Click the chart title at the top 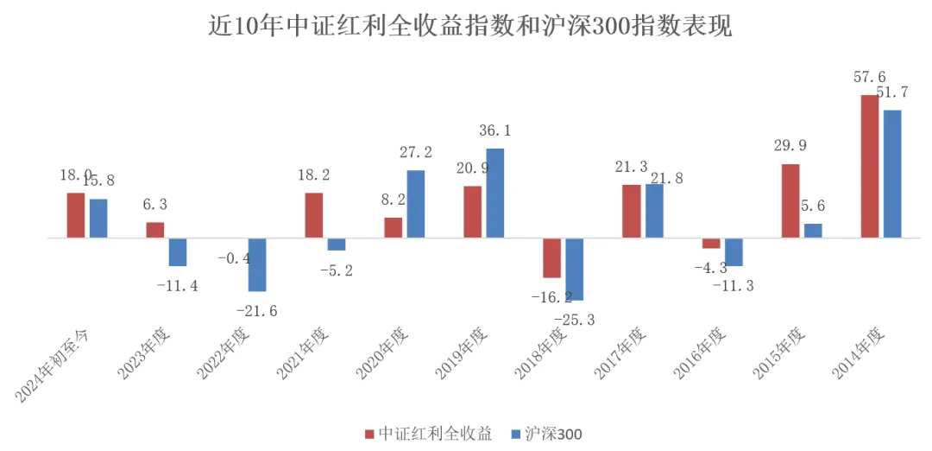[470, 26]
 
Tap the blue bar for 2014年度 [892, 173]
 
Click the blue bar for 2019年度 [495, 193]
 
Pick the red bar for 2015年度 [790, 200]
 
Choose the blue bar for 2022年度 [257, 264]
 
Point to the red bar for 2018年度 [551, 257]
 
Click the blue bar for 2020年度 [416, 203]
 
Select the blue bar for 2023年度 [178, 251]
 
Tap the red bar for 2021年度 [314, 214]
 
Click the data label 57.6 [870, 78]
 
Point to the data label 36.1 [494, 131]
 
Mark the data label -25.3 [575, 320]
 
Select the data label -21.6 [257, 311]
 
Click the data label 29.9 [790, 145]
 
